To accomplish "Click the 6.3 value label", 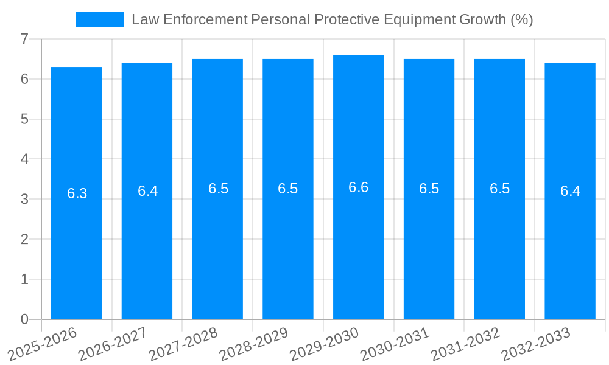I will [x=77, y=193].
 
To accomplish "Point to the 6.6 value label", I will [x=358, y=187].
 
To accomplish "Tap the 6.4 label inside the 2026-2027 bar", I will [x=147, y=191].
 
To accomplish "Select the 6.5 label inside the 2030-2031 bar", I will [x=429, y=189].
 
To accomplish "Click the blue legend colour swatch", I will [x=99, y=19].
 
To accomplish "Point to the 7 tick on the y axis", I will [x=24, y=39].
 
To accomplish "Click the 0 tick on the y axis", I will [x=24, y=319].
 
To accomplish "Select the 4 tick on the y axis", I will [x=24, y=159].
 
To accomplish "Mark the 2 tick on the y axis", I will [x=24, y=239].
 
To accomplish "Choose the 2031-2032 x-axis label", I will [x=465, y=344].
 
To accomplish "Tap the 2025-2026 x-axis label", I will [x=42, y=344].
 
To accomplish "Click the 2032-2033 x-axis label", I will [x=536, y=344].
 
